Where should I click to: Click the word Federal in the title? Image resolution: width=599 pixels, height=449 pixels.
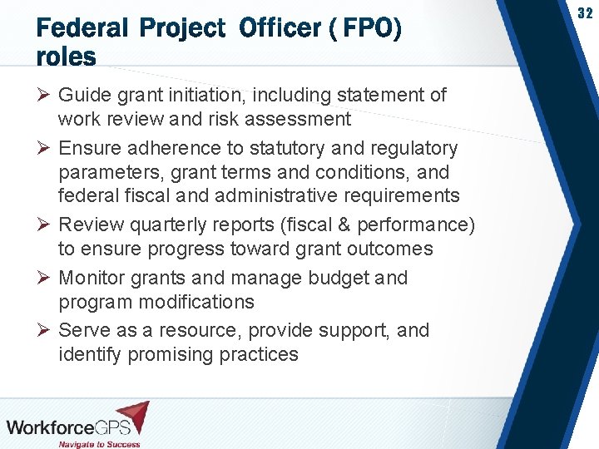pyautogui.click(x=82, y=29)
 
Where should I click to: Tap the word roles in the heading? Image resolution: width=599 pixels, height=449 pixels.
pyautogui.click(x=66, y=57)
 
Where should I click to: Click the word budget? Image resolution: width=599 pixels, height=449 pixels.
pyautogui.click(x=335, y=278)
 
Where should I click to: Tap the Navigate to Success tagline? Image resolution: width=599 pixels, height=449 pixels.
pyautogui.click(x=100, y=443)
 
